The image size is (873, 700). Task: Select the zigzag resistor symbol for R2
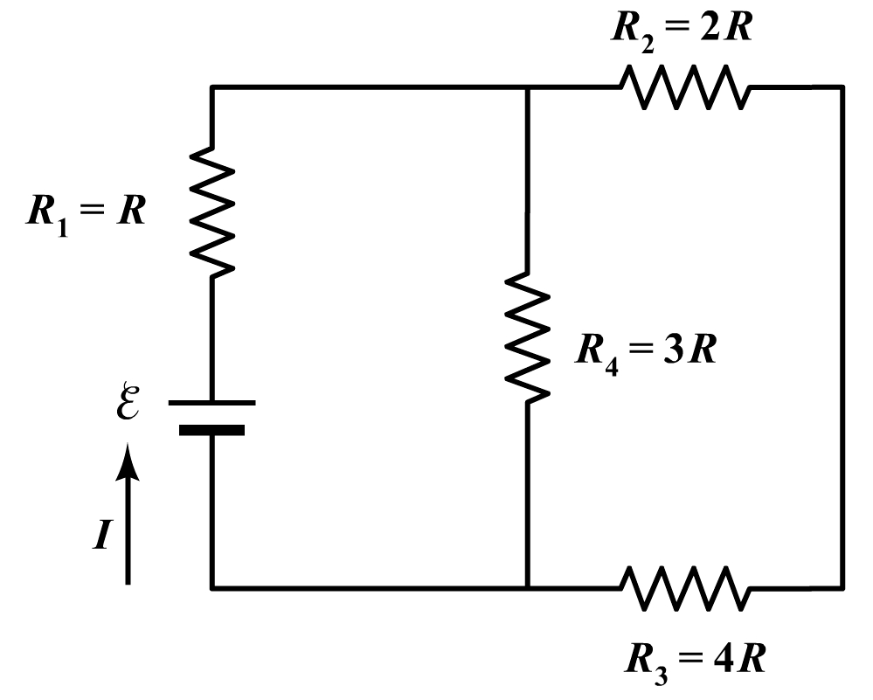684,87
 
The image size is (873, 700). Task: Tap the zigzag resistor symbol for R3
684,587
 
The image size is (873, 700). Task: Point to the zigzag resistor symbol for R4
528,337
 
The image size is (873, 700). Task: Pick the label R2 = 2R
681,28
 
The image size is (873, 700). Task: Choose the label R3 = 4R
696,659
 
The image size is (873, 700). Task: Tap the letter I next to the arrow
102,535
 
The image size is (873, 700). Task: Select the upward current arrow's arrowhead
128,460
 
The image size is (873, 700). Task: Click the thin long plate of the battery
212,403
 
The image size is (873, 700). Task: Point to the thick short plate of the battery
212,429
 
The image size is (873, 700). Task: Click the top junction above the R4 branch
528,87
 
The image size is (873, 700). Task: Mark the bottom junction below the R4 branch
528,587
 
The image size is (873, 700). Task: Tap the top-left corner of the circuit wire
212,87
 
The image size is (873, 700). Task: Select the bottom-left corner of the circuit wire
212,587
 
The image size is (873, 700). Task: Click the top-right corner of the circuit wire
842,87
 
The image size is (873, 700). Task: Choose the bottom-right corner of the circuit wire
842,587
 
